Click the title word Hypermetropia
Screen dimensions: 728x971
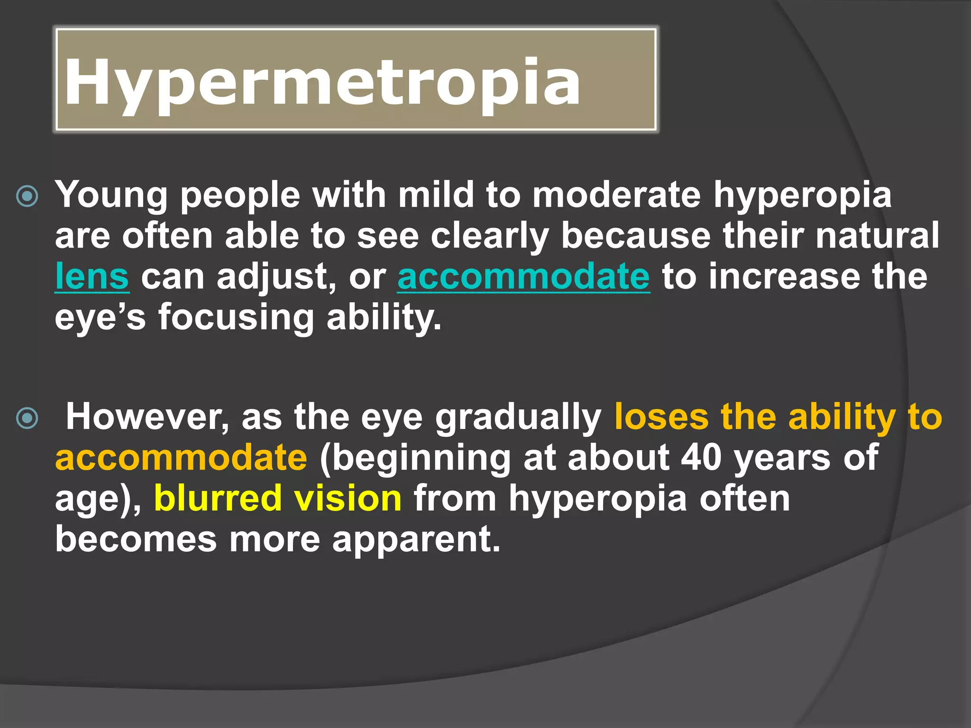click(322, 82)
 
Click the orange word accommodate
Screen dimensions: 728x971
click(181, 457)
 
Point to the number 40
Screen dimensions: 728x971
click(701, 457)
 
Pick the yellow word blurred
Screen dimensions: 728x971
click(218, 498)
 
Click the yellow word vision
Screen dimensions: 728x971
click(348, 498)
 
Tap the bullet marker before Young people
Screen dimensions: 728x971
click(27, 196)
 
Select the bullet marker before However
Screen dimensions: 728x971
click(27, 418)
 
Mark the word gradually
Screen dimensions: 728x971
click(518, 418)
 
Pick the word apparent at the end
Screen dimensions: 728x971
click(416, 540)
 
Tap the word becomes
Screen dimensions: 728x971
click(136, 539)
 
